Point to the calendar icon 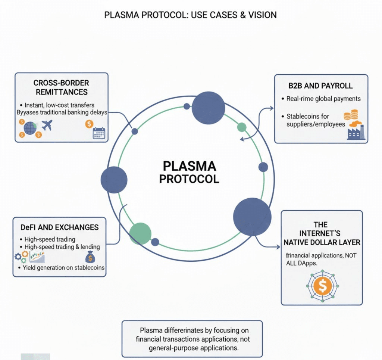[99, 133]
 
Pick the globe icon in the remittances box [30, 128]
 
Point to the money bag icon [90, 257]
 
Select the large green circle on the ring [140, 233]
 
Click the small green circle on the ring [242, 127]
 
